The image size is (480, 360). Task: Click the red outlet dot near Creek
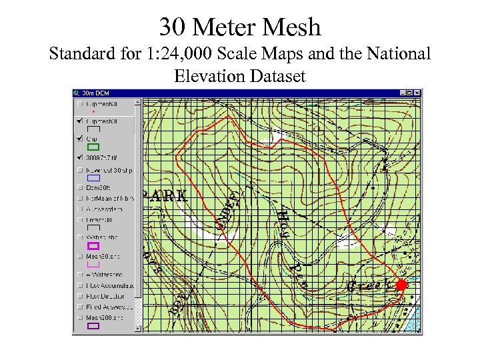click(401, 285)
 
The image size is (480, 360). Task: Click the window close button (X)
click(417, 93)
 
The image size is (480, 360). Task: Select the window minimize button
click(403, 93)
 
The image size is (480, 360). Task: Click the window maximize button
click(410, 93)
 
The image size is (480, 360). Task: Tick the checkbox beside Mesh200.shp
click(80, 317)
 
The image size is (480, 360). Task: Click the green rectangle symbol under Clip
click(93, 147)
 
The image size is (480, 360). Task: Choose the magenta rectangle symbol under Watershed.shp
click(93, 246)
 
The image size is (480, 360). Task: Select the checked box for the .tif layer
click(80, 158)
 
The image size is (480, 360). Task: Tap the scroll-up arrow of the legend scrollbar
click(139, 103)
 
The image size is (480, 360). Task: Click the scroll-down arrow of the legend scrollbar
click(139, 328)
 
